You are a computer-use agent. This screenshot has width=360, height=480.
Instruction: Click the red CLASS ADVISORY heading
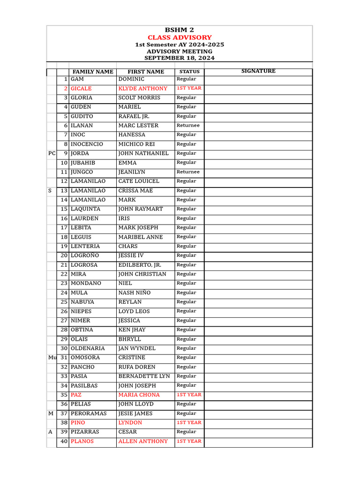tap(180, 37)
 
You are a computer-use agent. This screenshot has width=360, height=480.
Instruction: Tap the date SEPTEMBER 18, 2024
tap(180, 58)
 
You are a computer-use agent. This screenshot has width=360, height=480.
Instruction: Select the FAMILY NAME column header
tap(93, 72)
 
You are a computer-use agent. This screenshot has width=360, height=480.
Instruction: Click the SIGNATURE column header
tap(258, 71)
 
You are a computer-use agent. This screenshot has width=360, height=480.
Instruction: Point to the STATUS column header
tap(189, 72)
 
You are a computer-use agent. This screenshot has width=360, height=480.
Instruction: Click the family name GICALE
tap(81, 89)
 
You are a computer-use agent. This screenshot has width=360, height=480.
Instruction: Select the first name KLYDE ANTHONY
tap(142, 89)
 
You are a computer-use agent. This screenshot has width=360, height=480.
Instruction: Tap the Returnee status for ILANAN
tap(188, 126)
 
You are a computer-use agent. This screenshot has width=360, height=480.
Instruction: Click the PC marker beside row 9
tap(52, 153)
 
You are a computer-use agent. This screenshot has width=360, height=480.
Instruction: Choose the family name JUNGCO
tap(82, 172)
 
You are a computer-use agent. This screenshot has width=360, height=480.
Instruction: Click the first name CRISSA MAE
tap(135, 191)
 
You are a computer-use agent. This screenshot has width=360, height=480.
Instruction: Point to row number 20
tap(64, 255)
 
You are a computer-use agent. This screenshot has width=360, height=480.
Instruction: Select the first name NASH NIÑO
tap(135, 293)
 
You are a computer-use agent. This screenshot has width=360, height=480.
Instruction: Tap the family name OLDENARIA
tap(88, 348)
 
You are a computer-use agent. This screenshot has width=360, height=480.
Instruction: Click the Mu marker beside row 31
tap(52, 358)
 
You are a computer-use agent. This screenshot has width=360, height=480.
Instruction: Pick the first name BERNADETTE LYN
tap(144, 376)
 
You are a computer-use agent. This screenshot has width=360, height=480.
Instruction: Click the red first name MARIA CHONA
tap(139, 395)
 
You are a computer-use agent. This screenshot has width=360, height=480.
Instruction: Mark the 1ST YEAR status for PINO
tap(189, 423)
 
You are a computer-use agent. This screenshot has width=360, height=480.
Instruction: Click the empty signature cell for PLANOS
tap(258, 442)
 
